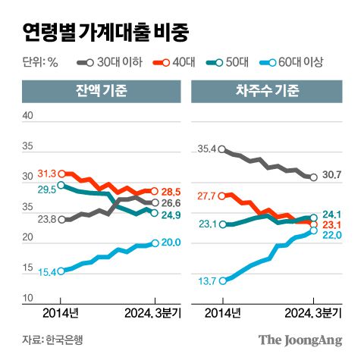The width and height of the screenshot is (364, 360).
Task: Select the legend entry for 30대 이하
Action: tap(108, 62)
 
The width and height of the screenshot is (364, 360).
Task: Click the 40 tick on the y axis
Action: tap(28, 115)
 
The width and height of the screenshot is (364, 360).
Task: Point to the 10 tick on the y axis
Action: tap(28, 298)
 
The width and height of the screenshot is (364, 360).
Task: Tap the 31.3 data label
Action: tap(46, 174)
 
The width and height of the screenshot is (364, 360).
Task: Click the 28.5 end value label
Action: tap(171, 191)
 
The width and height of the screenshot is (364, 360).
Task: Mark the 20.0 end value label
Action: tap(171, 243)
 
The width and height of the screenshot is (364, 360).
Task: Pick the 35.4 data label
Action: tap(206, 149)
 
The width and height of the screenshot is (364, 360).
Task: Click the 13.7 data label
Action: tap(206, 280)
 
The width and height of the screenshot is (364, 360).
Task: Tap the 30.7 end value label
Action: tap(333, 176)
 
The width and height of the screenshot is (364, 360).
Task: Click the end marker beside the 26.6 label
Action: tap(155, 202)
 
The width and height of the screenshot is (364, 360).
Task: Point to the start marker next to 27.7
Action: tap(221, 196)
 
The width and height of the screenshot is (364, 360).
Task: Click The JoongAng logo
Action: tap(300, 340)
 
